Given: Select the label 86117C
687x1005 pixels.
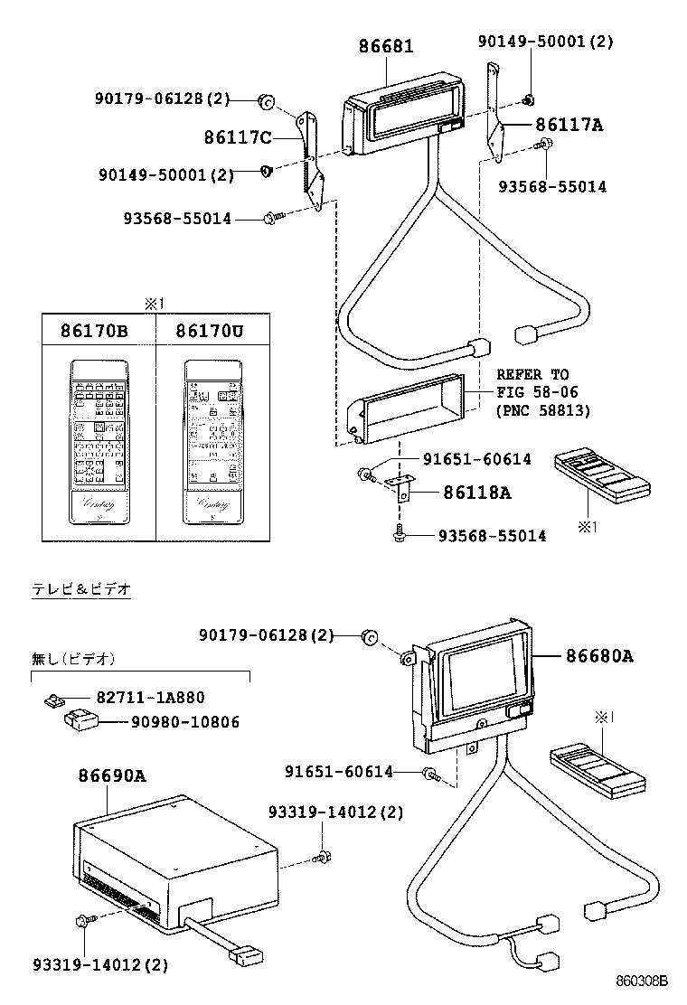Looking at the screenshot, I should click(238, 136).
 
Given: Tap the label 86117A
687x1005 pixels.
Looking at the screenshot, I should click(568, 125).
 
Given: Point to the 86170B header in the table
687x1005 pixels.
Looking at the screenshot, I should click(94, 332).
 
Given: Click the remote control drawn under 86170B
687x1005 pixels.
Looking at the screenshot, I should click(95, 442).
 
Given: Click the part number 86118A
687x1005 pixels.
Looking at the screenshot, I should click(476, 493).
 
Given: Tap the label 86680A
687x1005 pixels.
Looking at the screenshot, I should click(599, 656).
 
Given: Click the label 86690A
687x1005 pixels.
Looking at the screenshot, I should click(112, 775).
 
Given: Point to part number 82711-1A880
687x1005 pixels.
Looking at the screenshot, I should click(150, 697).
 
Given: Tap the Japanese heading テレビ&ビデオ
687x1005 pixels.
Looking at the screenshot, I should click(82, 588).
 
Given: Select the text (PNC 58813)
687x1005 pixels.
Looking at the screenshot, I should click(542, 410).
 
